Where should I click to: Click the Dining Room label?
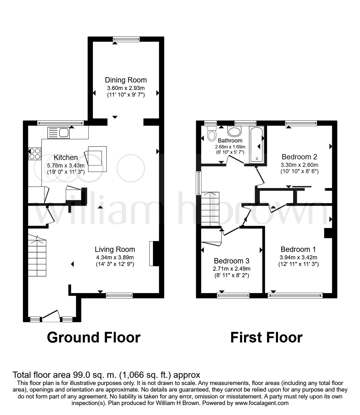coord(126,80)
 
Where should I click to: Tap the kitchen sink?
coord(58,133)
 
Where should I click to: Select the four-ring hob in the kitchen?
coord(35,153)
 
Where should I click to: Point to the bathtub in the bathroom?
coord(256,144)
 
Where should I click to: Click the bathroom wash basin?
coord(235,131)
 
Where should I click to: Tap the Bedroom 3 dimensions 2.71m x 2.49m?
coord(231,269)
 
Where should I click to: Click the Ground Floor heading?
coord(94,337)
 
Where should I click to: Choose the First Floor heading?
coord(266,337)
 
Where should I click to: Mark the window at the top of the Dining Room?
coord(126,39)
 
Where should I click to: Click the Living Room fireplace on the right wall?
coord(153,253)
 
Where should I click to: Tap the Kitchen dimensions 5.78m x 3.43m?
coord(66,165)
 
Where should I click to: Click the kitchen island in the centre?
coord(97,159)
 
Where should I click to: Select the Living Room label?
coord(115,249)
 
